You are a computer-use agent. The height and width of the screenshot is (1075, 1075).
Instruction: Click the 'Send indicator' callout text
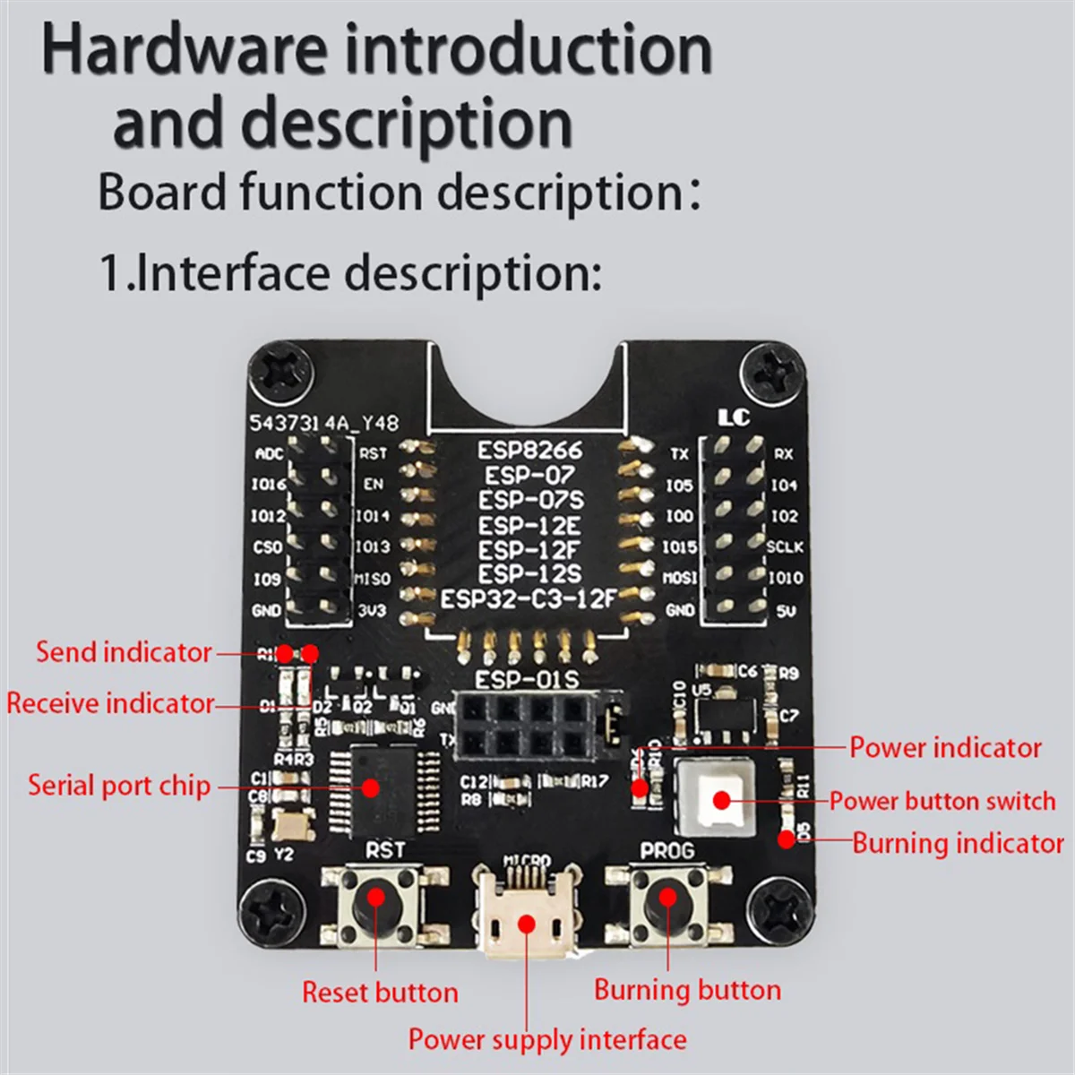point(124,652)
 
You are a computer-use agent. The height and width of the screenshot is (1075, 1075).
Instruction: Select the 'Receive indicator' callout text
point(110,703)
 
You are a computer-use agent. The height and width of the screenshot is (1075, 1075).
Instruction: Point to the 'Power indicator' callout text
point(945,747)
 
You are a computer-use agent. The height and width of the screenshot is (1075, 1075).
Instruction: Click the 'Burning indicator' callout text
point(957,843)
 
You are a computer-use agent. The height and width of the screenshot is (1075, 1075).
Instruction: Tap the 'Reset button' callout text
point(380,993)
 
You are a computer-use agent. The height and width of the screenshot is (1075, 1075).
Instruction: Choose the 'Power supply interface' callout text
point(547,1039)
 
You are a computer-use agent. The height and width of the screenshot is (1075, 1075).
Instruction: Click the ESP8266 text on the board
point(529,450)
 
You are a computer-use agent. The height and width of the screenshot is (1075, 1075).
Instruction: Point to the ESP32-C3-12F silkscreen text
point(529,598)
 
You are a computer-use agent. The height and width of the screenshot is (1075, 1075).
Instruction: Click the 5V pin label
point(786,611)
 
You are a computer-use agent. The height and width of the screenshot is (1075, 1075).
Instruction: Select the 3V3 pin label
point(372,611)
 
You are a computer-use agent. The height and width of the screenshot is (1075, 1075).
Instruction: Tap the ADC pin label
point(269,453)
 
